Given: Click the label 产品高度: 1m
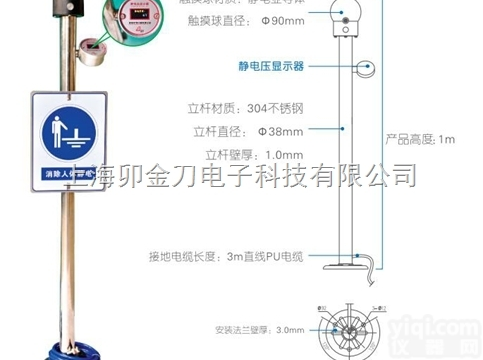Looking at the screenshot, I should [420, 139].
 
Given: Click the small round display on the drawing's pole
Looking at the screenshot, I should [368, 68].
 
